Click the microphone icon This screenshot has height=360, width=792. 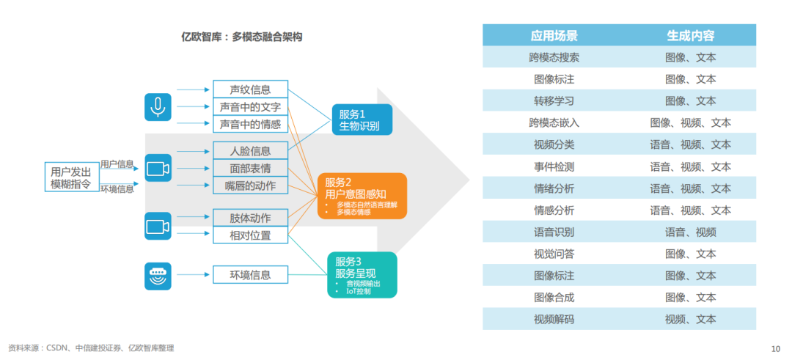pyautogui.click(x=158, y=107)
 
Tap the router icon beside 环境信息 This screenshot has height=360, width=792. pyautogui.click(x=158, y=276)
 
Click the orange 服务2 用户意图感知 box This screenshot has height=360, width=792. pyautogui.click(x=362, y=196)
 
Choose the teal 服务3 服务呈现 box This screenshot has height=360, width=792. pyautogui.click(x=362, y=275)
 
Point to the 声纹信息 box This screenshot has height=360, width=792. pyautogui.click(x=250, y=89)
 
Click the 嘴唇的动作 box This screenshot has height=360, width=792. pyautogui.click(x=250, y=185)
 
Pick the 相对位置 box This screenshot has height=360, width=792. pyautogui.click(x=250, y=235)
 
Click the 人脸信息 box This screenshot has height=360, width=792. pyautogui.click(x=250, y=151)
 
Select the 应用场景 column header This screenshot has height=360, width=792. pyautogui.click(x=554, y=35)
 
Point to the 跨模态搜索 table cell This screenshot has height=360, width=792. pyautogui.click(x=554, y=57)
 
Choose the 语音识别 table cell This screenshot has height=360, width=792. pyautogui.click(x=554, y=232)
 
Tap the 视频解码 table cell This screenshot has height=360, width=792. pyautogui.click(x=554, y=320)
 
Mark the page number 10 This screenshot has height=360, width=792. pyautogui.click(x=776, y=348)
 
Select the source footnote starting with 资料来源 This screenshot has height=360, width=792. pyautogui.click(x=91, y=348)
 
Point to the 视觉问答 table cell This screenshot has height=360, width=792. pyautogui.click(x=554, y=254)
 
